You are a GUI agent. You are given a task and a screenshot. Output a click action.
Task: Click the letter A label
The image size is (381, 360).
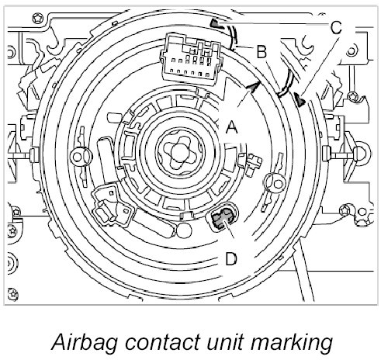[231, 127]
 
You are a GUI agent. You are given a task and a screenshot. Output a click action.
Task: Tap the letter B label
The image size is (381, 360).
[262, 51]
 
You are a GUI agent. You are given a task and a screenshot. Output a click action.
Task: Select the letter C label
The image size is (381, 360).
[336, 28]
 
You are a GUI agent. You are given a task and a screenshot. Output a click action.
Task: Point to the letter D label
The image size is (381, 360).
[231, 258]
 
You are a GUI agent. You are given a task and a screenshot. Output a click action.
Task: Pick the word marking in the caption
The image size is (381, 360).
[292, 343]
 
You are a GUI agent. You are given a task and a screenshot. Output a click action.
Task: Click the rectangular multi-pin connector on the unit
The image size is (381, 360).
[190, 59]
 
